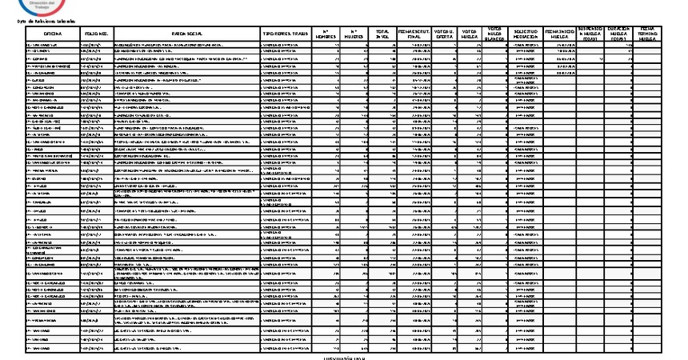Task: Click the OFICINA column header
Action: pos(53,33)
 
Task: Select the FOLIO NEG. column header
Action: pos(97,33)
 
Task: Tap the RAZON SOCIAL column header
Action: pos(187,33)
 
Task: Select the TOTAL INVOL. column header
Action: pos(383,33)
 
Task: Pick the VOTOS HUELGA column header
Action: pos(470,33)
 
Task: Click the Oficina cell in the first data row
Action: pos(53,46)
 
